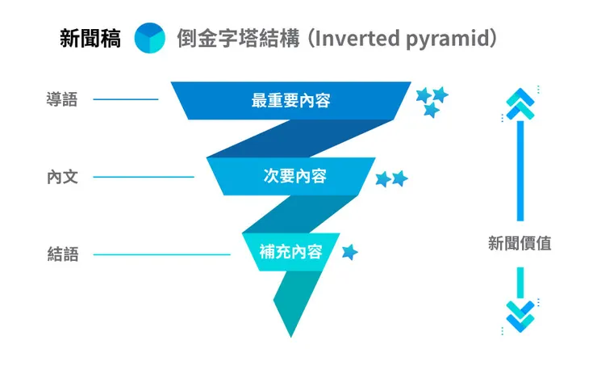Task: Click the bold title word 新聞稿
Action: pyautogui.click(x=90, y=38)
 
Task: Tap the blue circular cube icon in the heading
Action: pyautogui.click(x=149, y=38)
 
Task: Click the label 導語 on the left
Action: pyautogui.click(x=62, y=100)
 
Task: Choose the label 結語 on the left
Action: pyautogui.click(x=62, y=254)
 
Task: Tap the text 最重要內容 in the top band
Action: pyautogui.click(x=290, y=101)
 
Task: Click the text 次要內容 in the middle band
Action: pyautogui.click(x=294, y=176)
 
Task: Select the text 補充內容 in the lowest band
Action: pyautogui.click(x=290, y=251)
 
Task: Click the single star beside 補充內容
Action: pyautogui.click(x=349, y=253)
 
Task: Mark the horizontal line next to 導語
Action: pyautogui.click(x=126, y=100)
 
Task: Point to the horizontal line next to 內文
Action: pyautogui.click(x=144, y=177)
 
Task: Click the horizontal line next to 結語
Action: pyautogui.click(x=161, y=254)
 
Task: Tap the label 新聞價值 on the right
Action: pyautogui.click(x=520, y=243)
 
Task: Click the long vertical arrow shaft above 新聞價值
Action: pyautogui.click(x=520, y=170)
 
